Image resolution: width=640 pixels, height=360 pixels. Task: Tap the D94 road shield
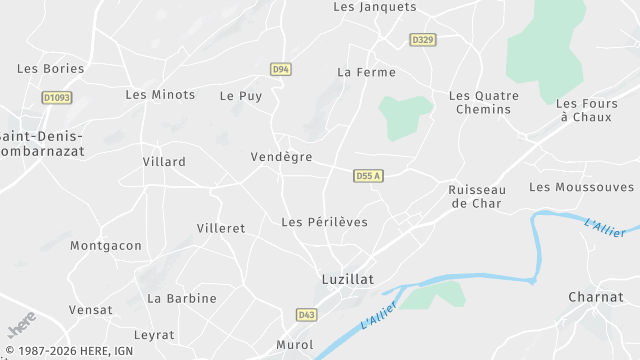click(281, 69)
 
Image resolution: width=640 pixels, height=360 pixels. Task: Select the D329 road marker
click(423, 40)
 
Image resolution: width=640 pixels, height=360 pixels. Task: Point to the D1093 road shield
click(55, 98)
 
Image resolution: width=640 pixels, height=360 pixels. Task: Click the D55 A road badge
click(368, 176)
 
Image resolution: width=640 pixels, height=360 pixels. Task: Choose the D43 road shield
click(306, 314)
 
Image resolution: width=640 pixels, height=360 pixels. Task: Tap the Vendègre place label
click(281, 157)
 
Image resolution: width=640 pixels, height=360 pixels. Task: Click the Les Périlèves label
click(325, 222)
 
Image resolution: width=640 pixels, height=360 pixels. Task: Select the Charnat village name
click(596, 297)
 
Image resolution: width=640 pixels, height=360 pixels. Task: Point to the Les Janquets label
click(374, 7)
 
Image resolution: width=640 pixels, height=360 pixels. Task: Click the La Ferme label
click(366, 72)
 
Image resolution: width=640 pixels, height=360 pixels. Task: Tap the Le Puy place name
click(240, 96)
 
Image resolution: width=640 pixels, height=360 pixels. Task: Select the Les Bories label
click(51, 68)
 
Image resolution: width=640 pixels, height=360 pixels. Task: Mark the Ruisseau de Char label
click(477, 196)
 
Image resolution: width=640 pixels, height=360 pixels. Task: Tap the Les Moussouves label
click(581, 187)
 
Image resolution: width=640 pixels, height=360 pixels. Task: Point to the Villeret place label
click(221, 228)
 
